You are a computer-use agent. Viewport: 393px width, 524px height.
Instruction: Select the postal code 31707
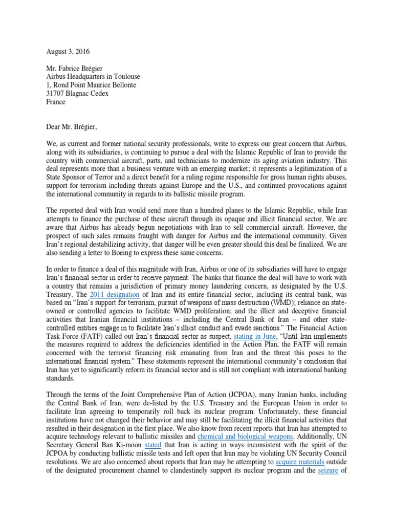click(x=56, y=94)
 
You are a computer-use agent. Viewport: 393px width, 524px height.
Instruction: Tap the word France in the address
click(x=56, y=102)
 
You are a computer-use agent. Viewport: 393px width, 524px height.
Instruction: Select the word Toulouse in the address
click(x=125, y=77)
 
